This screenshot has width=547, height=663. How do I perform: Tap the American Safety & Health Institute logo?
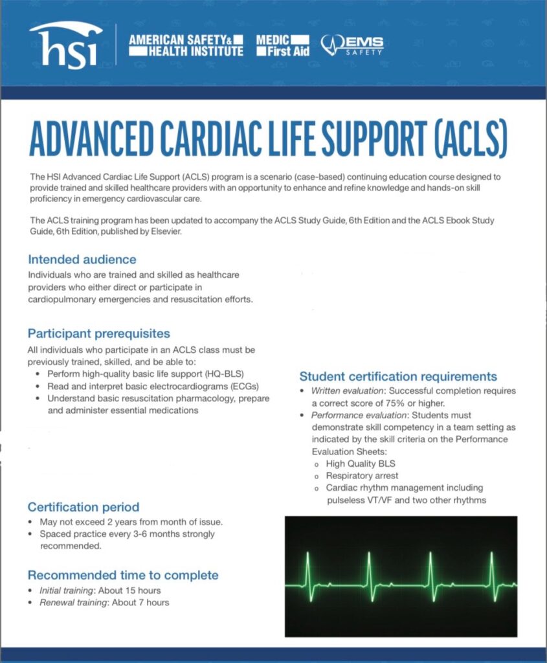click(x=186, y=46)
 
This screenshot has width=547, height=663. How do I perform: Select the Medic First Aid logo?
click(x=283, y=46)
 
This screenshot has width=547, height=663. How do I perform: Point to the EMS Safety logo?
click(x=352, y=45)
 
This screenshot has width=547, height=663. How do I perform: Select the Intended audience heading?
click(x=82, y=259)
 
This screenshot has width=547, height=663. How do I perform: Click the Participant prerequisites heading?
click(x=99, y=333)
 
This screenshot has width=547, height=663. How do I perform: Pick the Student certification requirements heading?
click(x=398, y=376)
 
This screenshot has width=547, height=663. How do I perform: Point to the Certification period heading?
click(x=84, y=507)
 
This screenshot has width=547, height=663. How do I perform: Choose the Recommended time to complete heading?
click(x=123, y=575)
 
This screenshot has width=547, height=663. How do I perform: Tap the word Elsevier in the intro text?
click(x=166, y=231)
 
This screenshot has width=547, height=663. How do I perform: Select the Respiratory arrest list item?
click(x=362, y=476)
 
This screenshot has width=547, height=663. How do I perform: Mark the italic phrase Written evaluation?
click(x=347, y=390)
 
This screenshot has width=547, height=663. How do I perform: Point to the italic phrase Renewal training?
click(x=73, y=603)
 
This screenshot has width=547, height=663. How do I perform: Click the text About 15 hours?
click(x=129, y=590)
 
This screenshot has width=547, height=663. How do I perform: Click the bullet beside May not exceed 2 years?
click(x=30, y=522)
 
